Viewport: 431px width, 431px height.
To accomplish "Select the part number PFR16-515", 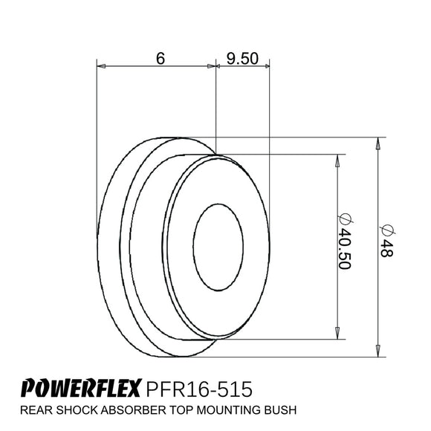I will [199, 389].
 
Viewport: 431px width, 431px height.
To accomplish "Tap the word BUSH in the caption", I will [282, 409].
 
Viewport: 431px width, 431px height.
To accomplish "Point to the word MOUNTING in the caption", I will [232, 409].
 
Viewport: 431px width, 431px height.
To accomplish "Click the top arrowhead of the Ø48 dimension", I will [379, 143].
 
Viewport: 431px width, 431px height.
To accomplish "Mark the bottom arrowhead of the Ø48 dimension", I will [379, 351].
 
